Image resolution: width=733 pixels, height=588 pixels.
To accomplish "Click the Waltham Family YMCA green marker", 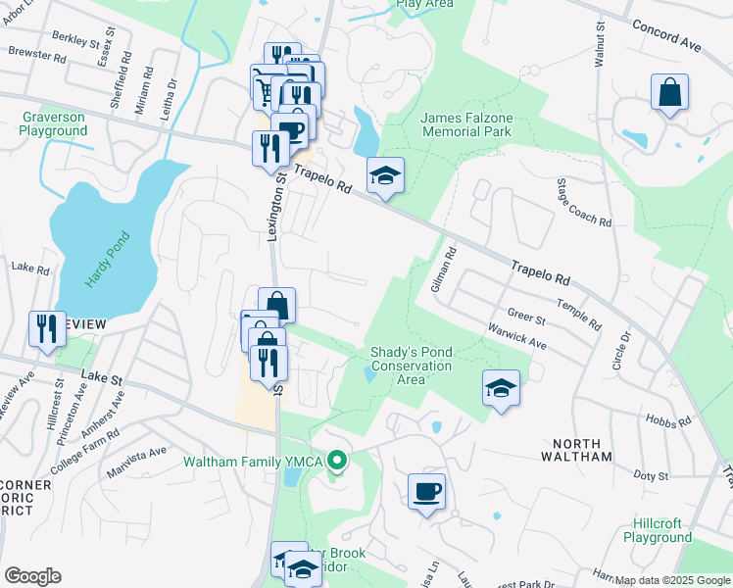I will pos(338,460).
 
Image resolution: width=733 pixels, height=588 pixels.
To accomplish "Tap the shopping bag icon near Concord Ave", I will pos(669,93).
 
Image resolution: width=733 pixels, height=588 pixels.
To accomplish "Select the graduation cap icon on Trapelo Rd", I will pos(385,176).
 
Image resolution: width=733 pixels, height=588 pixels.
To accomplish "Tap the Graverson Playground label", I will pos(53,124).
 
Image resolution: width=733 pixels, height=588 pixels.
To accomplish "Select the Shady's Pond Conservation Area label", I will pos(411,366).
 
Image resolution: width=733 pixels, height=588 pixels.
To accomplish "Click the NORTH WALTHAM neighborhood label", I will pos(578,457).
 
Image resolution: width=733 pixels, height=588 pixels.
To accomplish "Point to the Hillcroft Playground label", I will pos(657,531).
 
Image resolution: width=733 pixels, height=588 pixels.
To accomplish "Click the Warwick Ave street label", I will pos(512,337).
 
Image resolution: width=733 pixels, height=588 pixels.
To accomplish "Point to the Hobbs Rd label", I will pos(669,419).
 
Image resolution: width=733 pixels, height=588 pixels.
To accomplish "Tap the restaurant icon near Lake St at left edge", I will pos(46,328).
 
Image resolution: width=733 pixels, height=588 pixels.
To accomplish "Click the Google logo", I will pos(32,575).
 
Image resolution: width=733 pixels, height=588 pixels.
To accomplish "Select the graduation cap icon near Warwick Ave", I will pos(501,388).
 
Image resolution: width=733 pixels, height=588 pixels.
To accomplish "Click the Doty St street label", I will pos(650,475).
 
